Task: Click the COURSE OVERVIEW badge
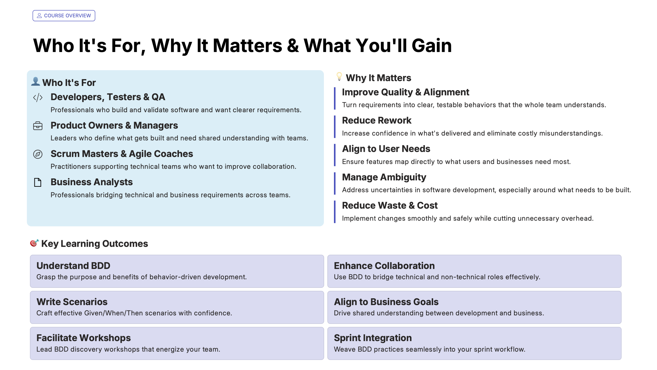(x=64, y=16)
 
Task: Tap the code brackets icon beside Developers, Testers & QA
(x=38, y=98)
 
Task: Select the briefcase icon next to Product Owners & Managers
(x=38, y=126)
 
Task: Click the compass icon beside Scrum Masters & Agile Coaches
(x=38, y=154)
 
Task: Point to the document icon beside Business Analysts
(x=38, y=182)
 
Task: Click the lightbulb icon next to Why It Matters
(x=339, y=76)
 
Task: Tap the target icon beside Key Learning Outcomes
(x=34, y=243)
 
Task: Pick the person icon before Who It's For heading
(x=35, y=82)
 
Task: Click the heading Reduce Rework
(x=376, y=120)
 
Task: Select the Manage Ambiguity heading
(x=384, y=177)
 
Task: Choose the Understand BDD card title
(x=73, y=266)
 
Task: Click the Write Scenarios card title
(x=72, y=302)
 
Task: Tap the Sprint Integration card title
(x=373, y=338)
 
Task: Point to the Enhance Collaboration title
(x=384, y=266)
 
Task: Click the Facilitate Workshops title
(x=83, y=338)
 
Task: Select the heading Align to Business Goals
(x=386, y=302)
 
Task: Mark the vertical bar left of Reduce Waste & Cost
(x=335, y=212)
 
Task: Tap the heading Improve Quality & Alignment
(x=405, y=92)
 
